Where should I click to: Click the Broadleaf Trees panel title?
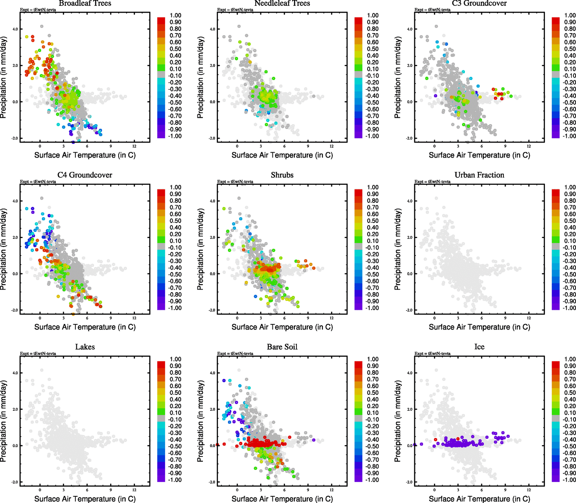[x=85, y=3]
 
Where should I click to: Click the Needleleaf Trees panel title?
[x=282, y=3]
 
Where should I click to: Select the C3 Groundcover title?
[x=479, y=3]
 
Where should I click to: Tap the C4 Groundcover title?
[x=85, y=175]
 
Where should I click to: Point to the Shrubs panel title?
[x=282, y=175]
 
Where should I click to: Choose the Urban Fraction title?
[x=479, y=175]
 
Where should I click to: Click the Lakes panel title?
[x=85, y=347]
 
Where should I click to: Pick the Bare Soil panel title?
[x=282, y=347]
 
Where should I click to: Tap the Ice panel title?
[x=479, y=347]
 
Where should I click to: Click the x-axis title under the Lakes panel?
[x=85, y=499]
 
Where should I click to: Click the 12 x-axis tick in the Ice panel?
[x=529, y=490]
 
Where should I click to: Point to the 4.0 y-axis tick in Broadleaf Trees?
[x=15, y=29]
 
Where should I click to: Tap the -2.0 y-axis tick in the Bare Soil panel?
[x=212, y=482]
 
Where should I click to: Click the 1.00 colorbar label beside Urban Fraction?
[x=570, y=187]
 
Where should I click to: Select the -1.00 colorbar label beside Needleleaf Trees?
[x=373, y=136]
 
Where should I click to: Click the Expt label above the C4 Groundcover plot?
[x=38, y=181]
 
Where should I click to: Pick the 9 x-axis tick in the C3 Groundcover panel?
[x=505, y=146]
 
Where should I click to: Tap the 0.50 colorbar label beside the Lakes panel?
[x=175, y=393]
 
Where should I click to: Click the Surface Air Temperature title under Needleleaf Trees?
[x=282, y=155]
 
